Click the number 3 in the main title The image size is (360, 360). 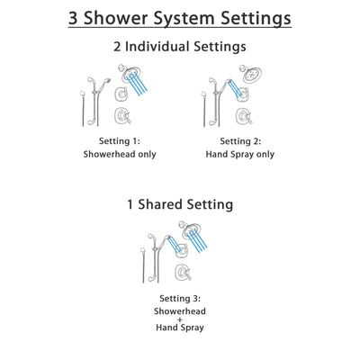pyautogui.click(x=80, y=18)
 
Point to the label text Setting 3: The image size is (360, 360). pyautogui.click(x=179, y=297)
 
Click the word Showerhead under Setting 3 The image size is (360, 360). pyautogui.click(x=179, y=310)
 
